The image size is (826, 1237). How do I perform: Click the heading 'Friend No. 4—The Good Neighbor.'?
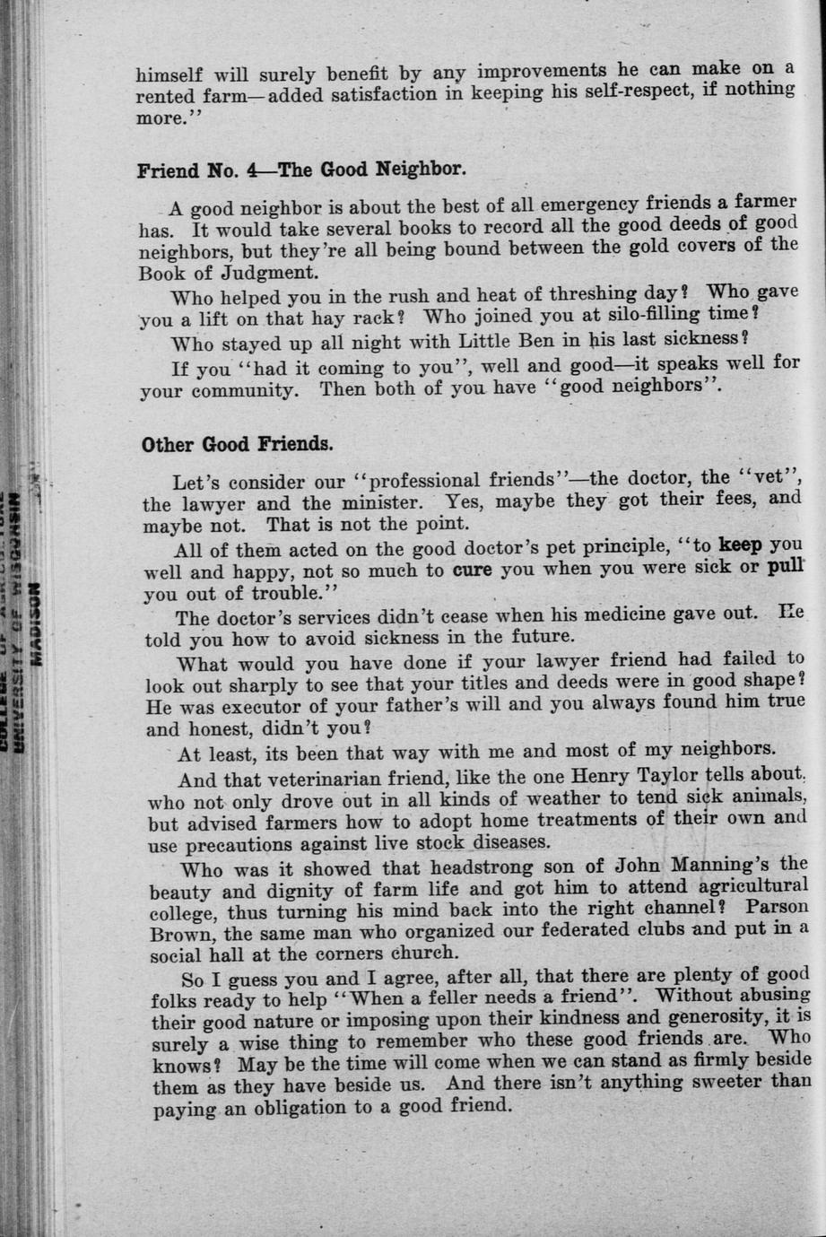pos(301,170)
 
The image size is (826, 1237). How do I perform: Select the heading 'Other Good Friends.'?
pos(237,444)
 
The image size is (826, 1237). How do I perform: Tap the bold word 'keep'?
pos(740,545)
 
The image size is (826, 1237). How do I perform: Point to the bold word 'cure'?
pos(473,569)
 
